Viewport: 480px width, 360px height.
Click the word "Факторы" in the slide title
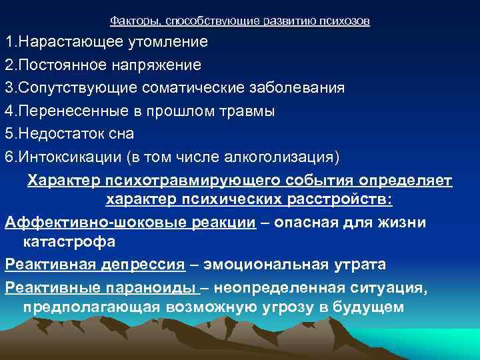coord(130,21)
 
